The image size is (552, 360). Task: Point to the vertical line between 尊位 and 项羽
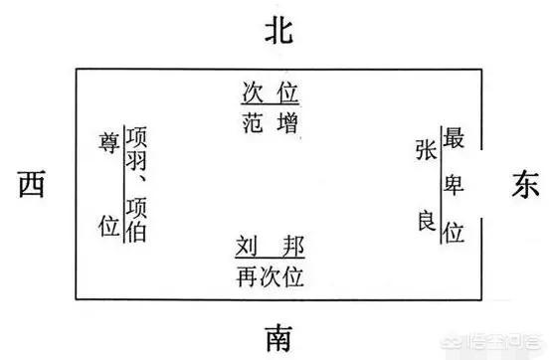(121, 184)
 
